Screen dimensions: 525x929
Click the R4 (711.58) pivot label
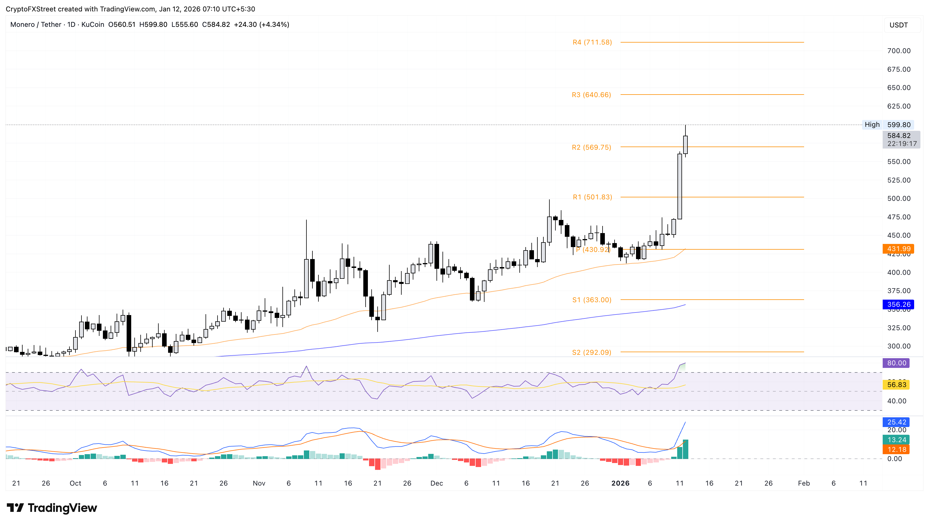[x=592, y=42]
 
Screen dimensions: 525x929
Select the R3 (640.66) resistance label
[x=591, y=95]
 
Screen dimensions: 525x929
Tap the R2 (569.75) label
[x=591, y=147]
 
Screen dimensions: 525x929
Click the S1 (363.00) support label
[x=592, y=300]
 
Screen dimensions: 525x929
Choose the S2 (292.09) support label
[x=591, y=352]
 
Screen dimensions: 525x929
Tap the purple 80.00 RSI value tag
[x=896, y=363]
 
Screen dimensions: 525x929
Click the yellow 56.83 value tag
[x=896, y=385]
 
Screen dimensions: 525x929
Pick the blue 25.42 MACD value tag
[x=896, y=422]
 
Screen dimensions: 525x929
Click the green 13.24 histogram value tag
[x=896, y=440]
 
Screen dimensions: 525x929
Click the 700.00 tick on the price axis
[x=898, y=51]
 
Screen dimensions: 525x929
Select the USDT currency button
[x=898, y=25]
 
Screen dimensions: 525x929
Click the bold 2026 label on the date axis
[x=620, y=483]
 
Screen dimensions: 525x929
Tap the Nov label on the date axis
[x=259, y=483]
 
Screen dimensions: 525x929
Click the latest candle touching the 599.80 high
[x=685, y=144]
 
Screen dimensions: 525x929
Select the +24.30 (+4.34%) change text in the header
[x=261, y=25]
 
